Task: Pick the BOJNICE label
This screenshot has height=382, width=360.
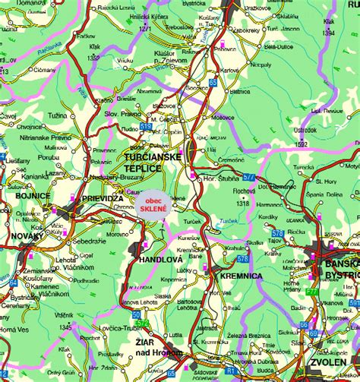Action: click(x=32, y=195)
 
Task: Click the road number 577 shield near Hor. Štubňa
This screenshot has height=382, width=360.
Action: click(x=248, y=177)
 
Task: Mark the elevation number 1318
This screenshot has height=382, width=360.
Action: click(x=242, y=203)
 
